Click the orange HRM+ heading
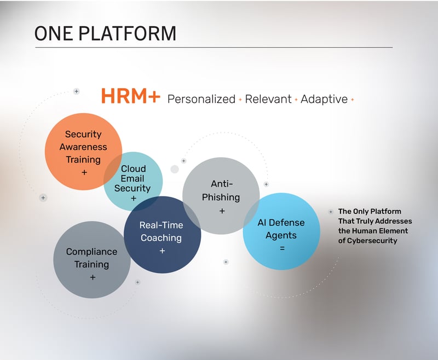point(130,96)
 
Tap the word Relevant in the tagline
point(268,100)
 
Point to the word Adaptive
point(324,100)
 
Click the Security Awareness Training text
point(83,147)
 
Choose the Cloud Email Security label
point(132,178)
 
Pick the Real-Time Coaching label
point(161,231)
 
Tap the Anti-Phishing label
point(221,190)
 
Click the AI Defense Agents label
point(281,229)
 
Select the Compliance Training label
point(91,258)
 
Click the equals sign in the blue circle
point(282,248)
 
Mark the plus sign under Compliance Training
point(93,277)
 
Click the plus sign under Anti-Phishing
point(222,211)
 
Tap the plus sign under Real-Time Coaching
point(162,251)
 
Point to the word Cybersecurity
point(372,241)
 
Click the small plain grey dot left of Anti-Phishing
point(175,169)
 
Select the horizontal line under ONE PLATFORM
point(214,48)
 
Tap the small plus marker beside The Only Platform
point(331,212)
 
